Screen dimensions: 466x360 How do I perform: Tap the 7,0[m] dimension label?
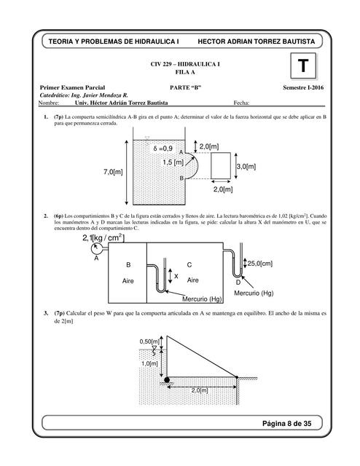pos(114,170)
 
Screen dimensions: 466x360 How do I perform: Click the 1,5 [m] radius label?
pos(173,162)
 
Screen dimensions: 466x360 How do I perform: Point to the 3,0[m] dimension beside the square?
pos(246,167)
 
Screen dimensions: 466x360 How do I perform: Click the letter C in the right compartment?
pos(190,265)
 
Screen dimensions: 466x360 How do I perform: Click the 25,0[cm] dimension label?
pos(259,263)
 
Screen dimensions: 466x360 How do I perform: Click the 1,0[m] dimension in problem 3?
pos(149,364)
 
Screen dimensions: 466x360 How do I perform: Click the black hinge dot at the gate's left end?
pos(167,379)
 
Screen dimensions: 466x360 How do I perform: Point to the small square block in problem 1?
pos(222,167)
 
